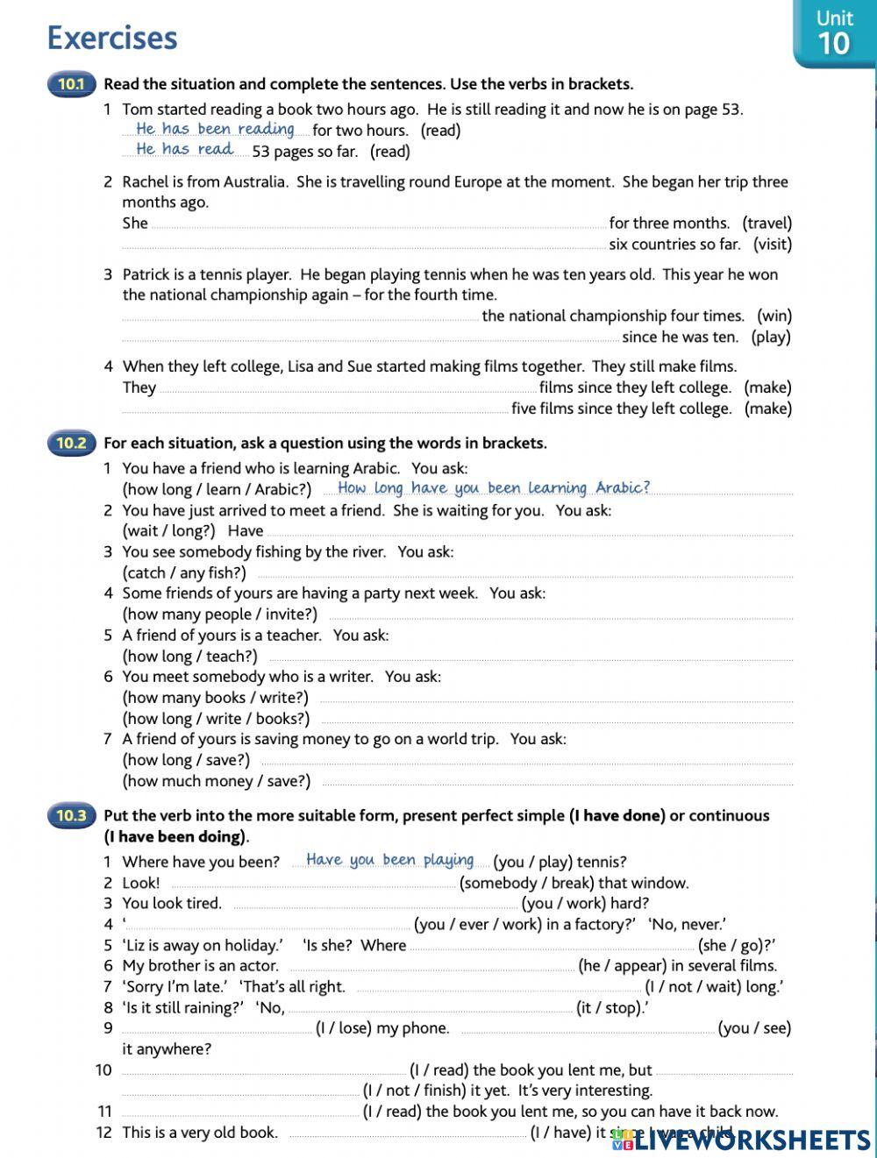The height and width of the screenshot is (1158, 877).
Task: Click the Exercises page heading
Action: pyautogui.click(x=112, y=38)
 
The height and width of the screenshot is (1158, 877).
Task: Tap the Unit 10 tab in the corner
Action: pyautogui.click(x=834, y=33)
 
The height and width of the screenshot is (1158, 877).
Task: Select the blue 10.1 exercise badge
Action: pyautogui.click(x=71, y=85)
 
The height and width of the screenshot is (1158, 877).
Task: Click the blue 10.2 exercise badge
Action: pyautogui.click(x=71, y=444)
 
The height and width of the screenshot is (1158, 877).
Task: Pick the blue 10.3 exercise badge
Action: pyautogui.click(x=71, y=816)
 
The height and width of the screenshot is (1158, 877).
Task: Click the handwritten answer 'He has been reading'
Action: pyautogui.click(x=215, y=129)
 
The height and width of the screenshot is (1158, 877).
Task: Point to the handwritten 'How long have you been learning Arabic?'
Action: pyautogui.click(x=494, y=488)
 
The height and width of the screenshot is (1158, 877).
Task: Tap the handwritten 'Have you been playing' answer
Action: pyautogui.click(x=389, y=860)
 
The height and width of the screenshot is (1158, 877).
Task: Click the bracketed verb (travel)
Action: pyautogui.click(x=766, y=224)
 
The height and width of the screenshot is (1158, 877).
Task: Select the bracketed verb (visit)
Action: pyautogui.click(x=772, y=245)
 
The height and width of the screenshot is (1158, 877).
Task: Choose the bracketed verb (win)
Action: pyautogui.click(x=774, y=316)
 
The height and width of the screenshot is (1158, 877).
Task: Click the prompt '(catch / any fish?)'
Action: pyautogui.click(x=184, y=573)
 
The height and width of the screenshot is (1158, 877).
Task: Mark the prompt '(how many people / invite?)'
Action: pyautogui.click(x=219, y=615)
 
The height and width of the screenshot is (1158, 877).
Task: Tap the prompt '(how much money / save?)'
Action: pyautogui.click(x=216, y=781)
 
